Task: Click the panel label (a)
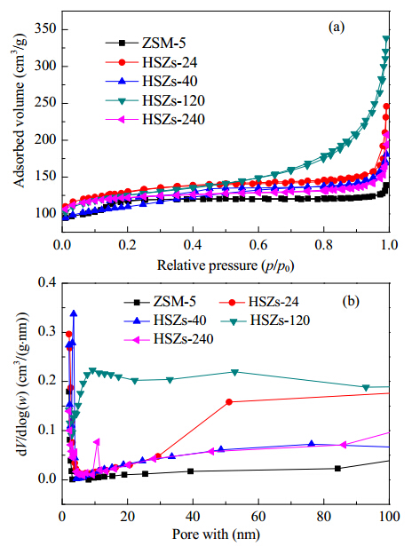[337, 28]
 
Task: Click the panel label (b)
[351, 300]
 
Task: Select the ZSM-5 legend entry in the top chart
[146, 44]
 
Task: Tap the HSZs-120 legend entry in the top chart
[155, 100]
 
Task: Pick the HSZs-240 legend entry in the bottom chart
[169, 338]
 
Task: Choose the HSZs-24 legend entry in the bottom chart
[258, 301]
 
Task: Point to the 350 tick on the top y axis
[45, 29]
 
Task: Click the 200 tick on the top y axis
[45, 140]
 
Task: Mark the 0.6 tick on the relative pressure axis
[258, 244]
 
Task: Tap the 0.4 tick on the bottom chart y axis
[47, 282]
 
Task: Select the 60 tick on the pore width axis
[258, 516]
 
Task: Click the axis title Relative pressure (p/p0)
[226, 265]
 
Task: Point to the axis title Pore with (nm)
[216, 534]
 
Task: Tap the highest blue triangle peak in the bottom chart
[74, 313]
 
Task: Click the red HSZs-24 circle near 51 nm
[229, 402]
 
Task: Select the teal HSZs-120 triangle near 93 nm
[366, 388]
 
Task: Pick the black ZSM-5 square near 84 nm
[337, 469]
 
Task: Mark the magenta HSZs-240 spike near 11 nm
[97, 442]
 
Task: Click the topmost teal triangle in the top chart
[386, 38]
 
